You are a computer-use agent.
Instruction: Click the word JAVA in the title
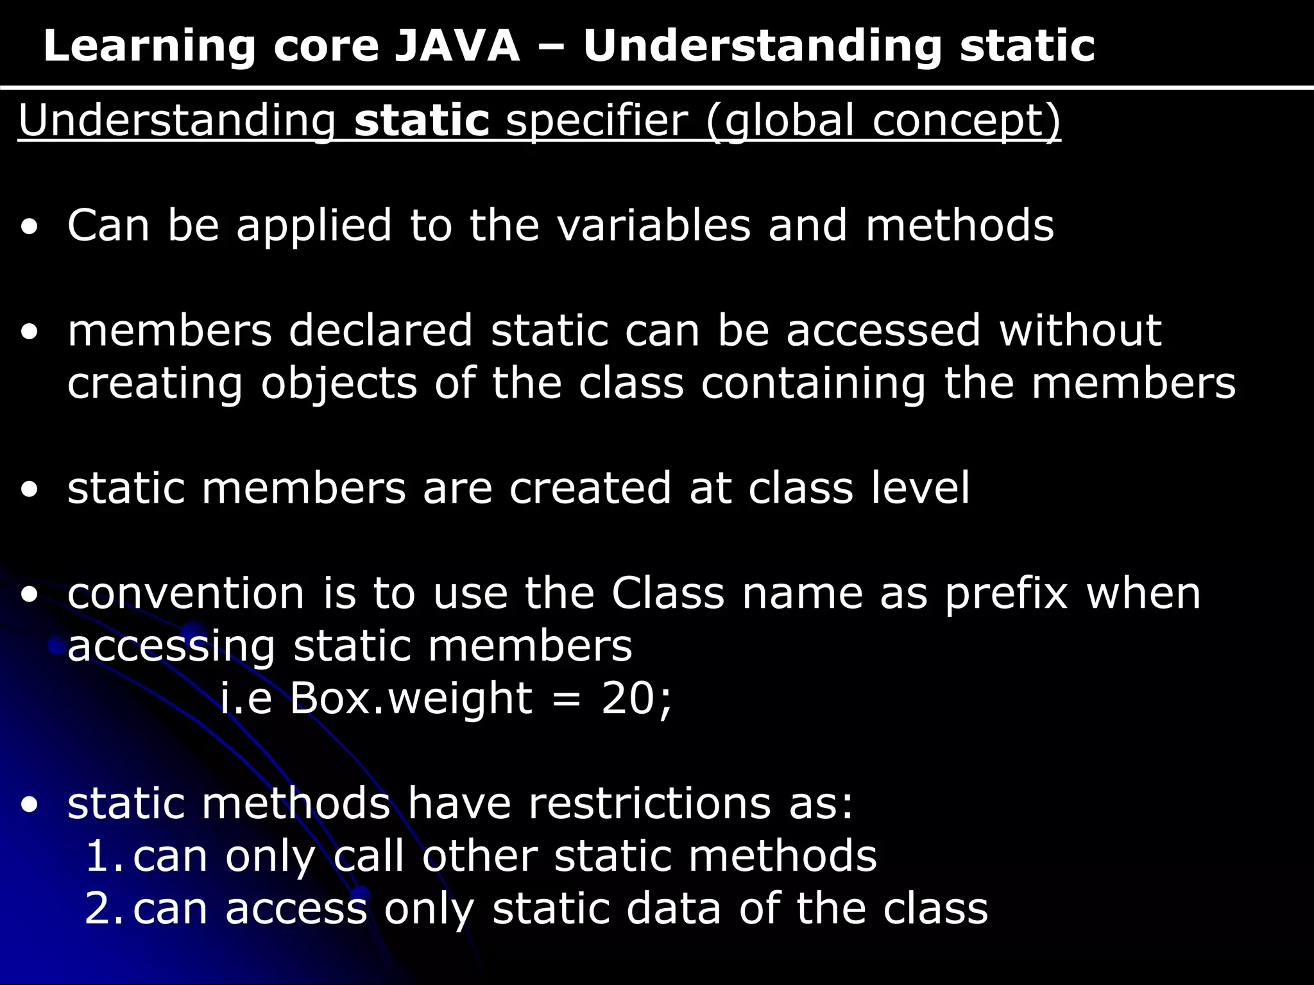456,46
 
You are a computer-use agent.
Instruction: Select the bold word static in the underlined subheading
422,120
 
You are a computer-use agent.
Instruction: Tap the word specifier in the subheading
597,120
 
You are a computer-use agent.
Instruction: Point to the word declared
380,330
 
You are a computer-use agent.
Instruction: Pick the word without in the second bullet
1080,330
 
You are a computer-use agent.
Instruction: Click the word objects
339,383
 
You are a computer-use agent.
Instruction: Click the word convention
185,593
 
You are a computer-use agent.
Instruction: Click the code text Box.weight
411,698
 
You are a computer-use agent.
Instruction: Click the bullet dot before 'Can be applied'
29,227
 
